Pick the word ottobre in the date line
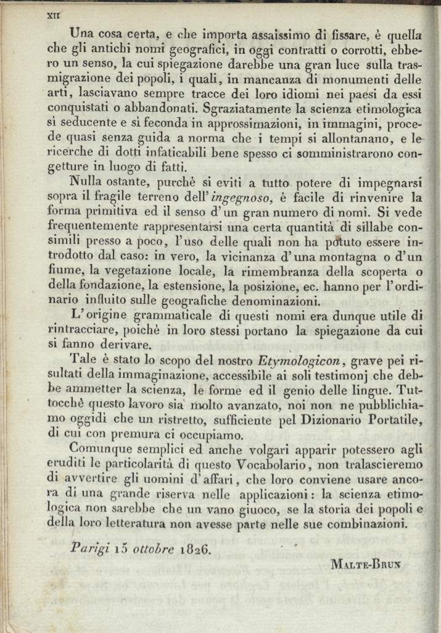(x=150, y=547)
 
